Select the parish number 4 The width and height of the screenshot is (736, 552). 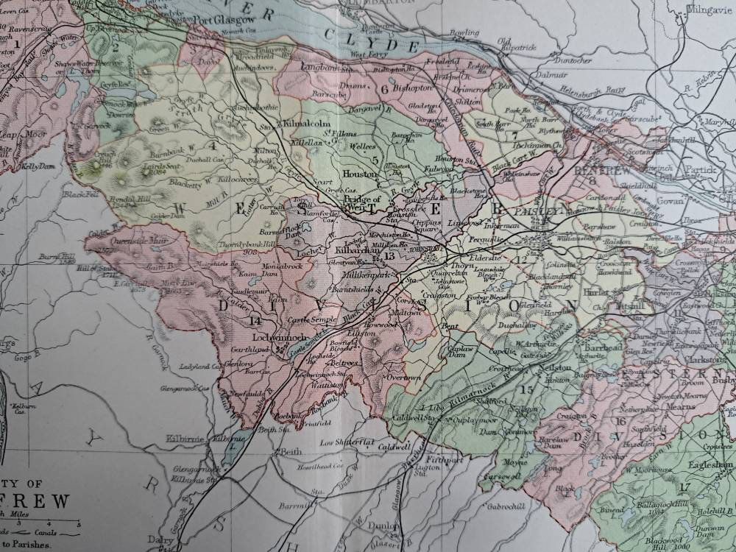212,145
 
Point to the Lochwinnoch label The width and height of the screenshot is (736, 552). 273,337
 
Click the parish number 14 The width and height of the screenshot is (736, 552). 256,320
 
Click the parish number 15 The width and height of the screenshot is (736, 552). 526,389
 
